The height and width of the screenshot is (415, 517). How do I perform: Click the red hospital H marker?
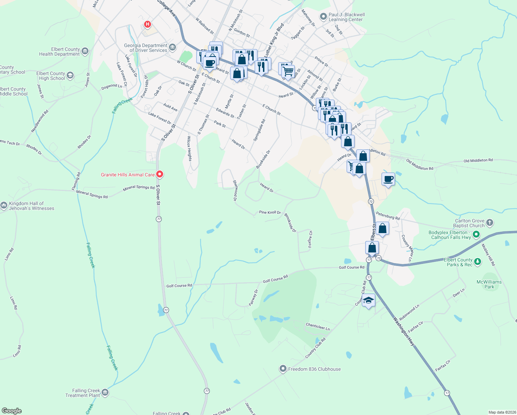pyautogui.click(x=148, y=24)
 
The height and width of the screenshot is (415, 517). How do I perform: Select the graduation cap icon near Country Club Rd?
pyautogui.click(x=368, y=301)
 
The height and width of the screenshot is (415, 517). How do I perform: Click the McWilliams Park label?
pyautogui.click(x=489, y=284)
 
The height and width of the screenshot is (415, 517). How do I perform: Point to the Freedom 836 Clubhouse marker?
pyautogui.click(x=283, y=369)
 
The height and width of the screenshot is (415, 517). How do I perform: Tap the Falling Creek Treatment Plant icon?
pyautogui.click(x=105, y=393)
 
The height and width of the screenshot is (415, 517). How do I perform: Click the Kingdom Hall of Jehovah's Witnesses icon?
pyautogui.click(x=4, y=206)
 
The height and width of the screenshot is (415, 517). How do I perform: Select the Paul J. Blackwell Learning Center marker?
pyautogui.click(x=323, y=16)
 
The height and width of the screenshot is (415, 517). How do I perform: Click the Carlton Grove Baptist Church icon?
pyautogui.click(x=489, y=223)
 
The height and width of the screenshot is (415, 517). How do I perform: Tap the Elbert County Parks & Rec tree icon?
pyautogui.click(x=477, y=262)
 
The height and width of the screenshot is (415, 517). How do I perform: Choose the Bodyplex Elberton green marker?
pyautogui.click(x=476, y=235)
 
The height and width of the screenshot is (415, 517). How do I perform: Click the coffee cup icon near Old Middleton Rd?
pyautogui.click(x=388, y=179)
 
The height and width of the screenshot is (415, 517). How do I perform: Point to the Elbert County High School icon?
pyautogui.click(x=70, y=75)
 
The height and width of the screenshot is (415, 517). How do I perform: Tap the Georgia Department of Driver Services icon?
pyautogui.click(x=172, y=47)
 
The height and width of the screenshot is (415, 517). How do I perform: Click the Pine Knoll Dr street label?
pyautogui.click(x=270, y=212)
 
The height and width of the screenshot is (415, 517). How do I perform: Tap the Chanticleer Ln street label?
pyautogui.click(x=318, y=326)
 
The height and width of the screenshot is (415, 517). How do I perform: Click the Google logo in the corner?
pyautogui.click(x=11, y=411)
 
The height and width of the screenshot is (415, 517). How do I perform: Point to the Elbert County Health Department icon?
pyautogui.click(x=85, y=52)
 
